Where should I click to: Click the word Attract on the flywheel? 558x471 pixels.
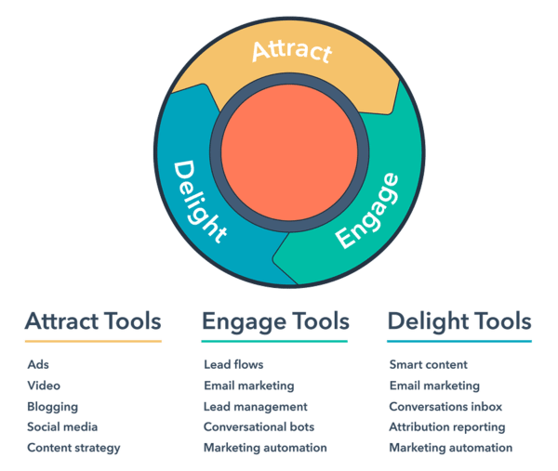pyautogui.click(x=292, y=52)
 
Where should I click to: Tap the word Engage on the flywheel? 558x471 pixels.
pyautogui.click(x=367, y=211)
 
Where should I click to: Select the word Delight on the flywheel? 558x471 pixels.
pyautogui.click(x=199, y=202)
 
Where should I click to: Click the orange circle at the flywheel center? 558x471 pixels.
pyautogui.click(x=289, y=152)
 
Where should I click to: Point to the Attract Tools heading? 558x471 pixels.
pyautogui.click(x=93, y=321)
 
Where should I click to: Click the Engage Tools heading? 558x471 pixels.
pyautogui.click(x=275, y=322)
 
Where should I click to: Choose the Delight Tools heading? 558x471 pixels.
pyautogui.click(x=459, y=321)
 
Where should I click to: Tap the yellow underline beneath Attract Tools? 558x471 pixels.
pyautogui.click(x=93, y=341)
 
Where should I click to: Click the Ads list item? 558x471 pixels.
pyautogui.click(x=38, y=365)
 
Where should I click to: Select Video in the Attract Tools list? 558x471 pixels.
pyautogui.click(x=44, y=386)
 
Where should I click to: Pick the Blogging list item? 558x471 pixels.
pyautogui.click(x=53, y=407)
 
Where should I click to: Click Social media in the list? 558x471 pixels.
pyautogui.click(x=62, y=427)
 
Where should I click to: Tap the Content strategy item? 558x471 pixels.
pyautogui.click(x=73, y=449)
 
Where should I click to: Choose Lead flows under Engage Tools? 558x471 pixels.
pyautogui.click(x=233, y=365)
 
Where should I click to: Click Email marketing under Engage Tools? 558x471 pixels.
pyautogui.click(x=249, y=386)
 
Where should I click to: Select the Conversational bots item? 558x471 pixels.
pyautogui.click(x=259, y=427)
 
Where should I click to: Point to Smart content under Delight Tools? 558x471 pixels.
pyautogui.click(x=429, y=365)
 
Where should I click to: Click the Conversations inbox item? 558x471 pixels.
pyautogui.click(x=445, y=407)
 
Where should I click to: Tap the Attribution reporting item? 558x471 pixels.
pyautogui.click(x=447, y=427)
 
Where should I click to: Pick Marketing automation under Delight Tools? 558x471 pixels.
pyautogui.click(x=451, y=448)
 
